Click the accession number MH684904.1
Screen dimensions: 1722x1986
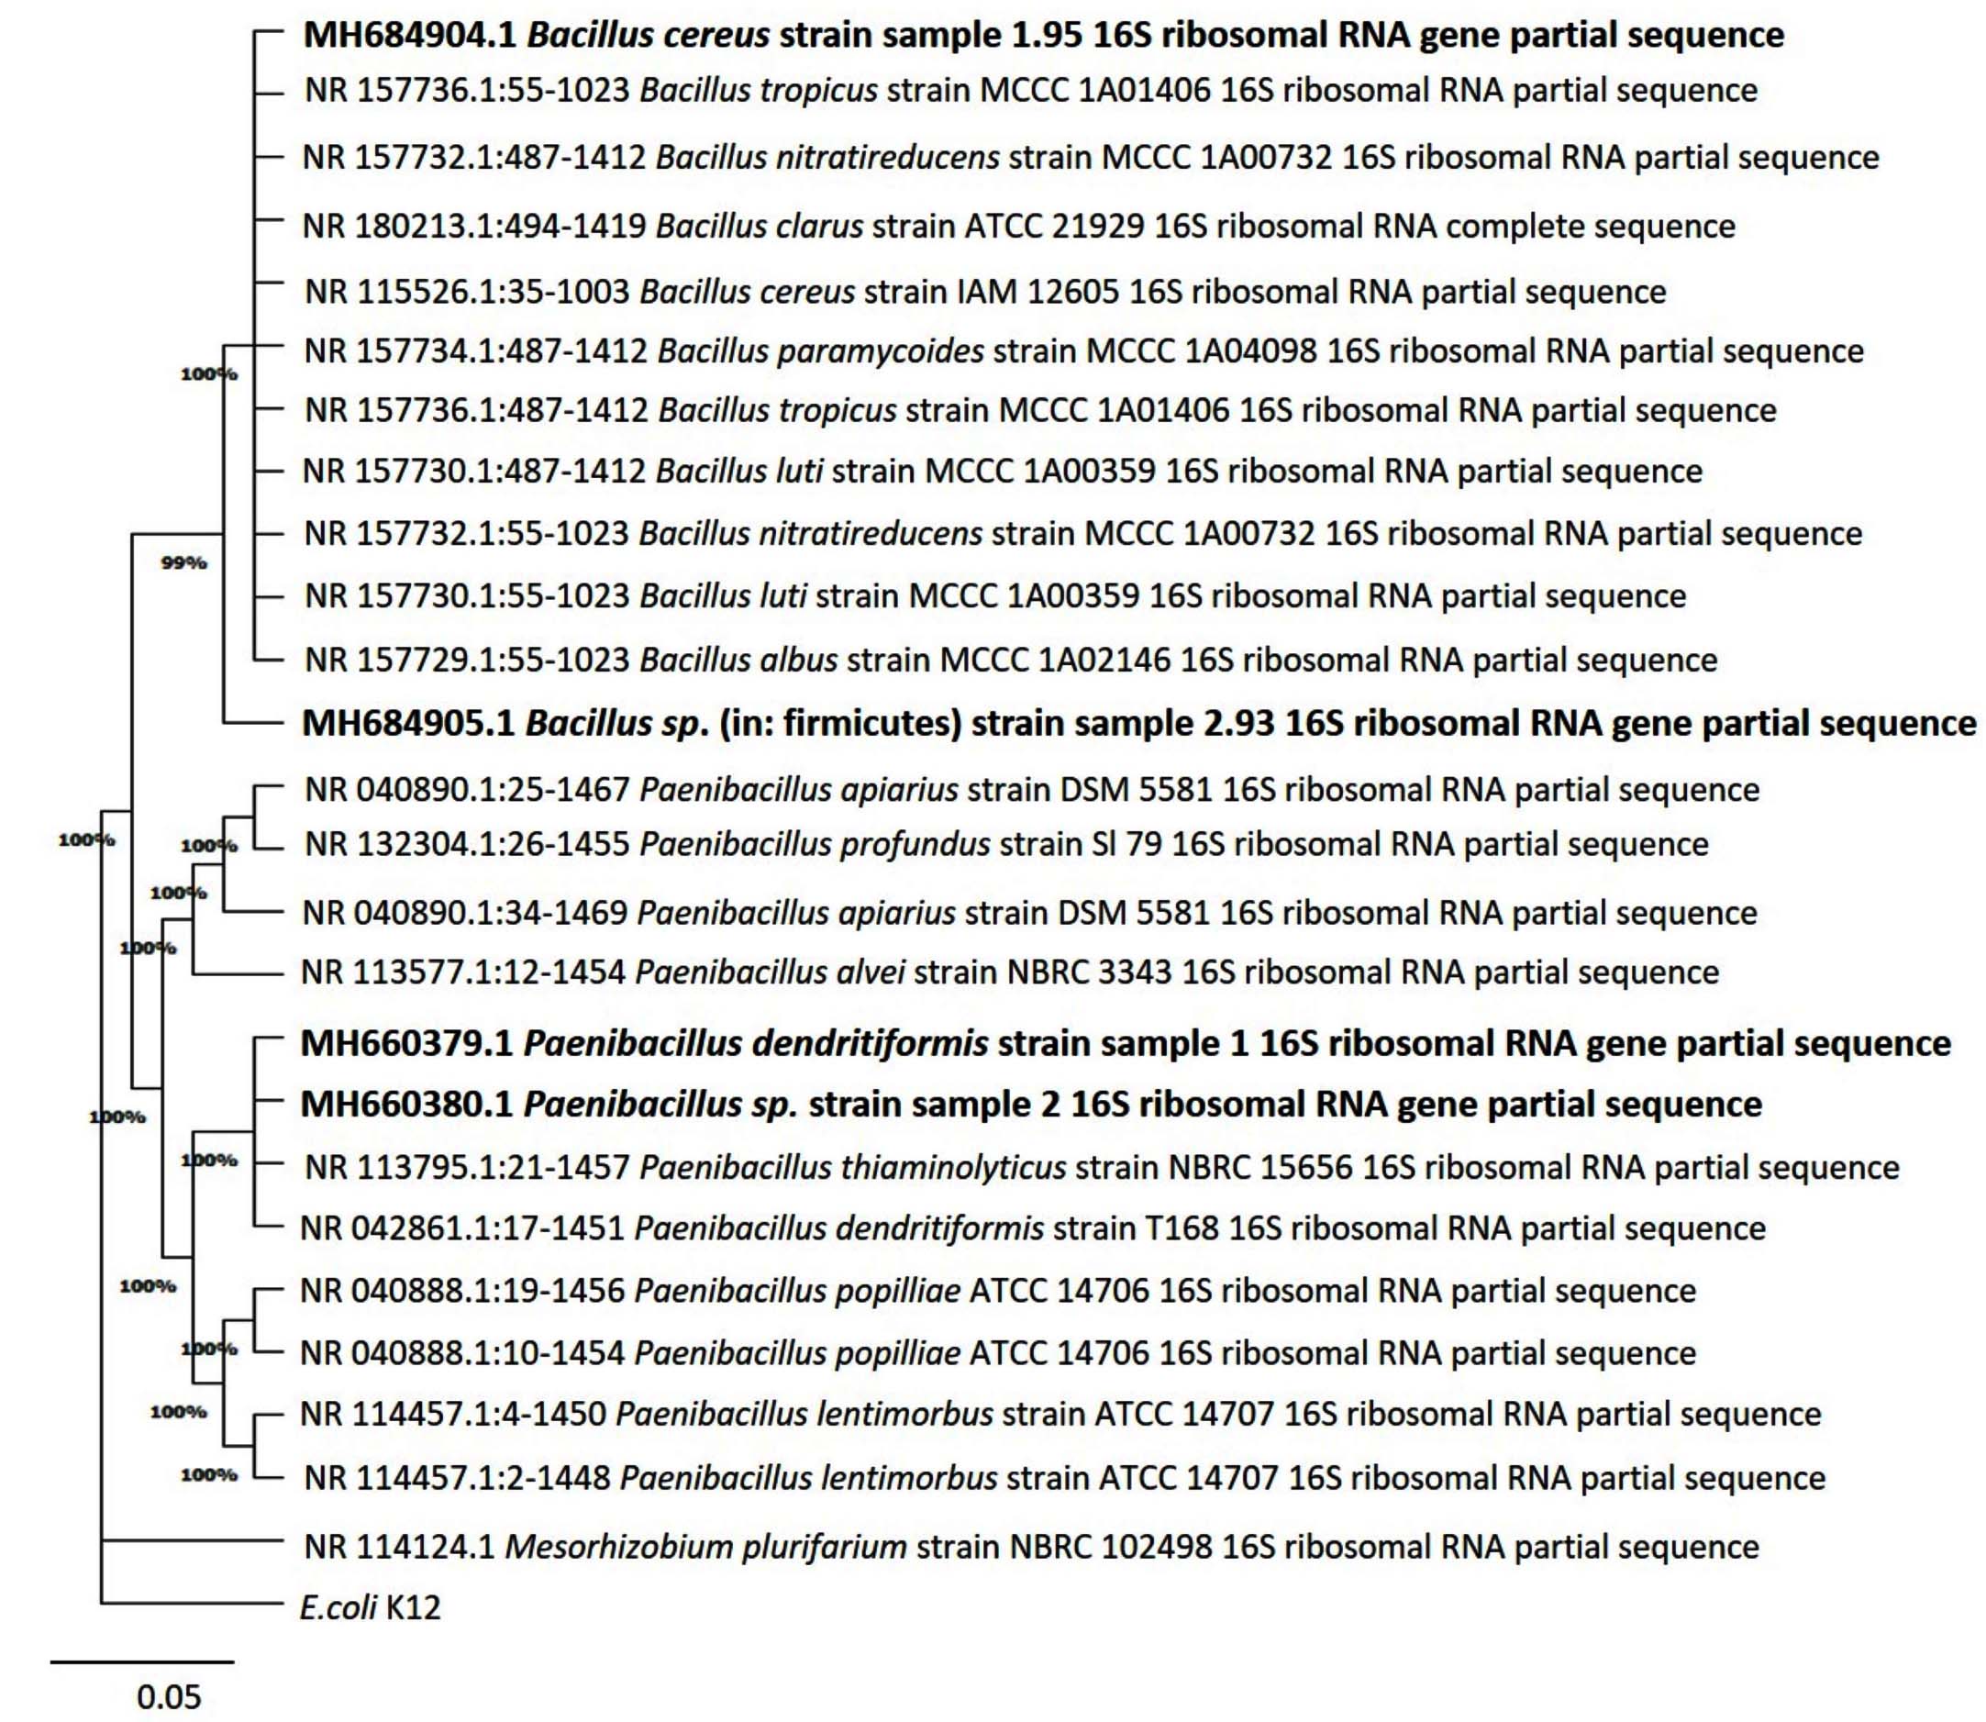[x=410, y=36]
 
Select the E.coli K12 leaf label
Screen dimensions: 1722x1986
[x=370, y=1607]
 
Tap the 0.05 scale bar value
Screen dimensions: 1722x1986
[x=169, y=1697]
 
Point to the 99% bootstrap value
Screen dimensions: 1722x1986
[x=183, y=563]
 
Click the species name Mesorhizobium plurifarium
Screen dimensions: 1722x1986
[x=705, y=1547]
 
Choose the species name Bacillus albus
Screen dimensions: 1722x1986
[x=738, y=661]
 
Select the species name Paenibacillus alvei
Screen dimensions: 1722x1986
[x=770, y=972]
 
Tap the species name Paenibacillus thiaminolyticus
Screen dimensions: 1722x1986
[x=852, y=1168]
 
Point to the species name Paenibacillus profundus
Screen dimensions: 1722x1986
[x=814, y=845]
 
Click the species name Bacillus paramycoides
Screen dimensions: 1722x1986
[x=820, y=351]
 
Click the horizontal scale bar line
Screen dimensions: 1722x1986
[x=141, y=1661]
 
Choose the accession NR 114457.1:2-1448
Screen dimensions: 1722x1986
[x=458, y=1478]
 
